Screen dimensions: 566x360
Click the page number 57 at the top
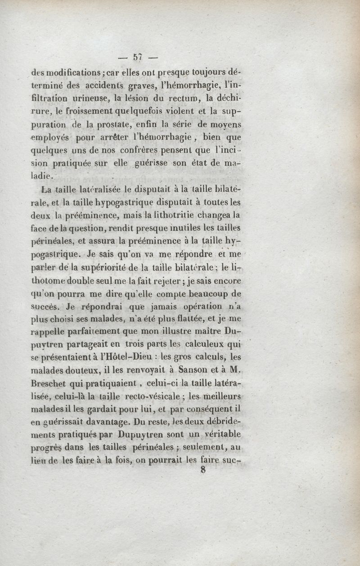(137, 57)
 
